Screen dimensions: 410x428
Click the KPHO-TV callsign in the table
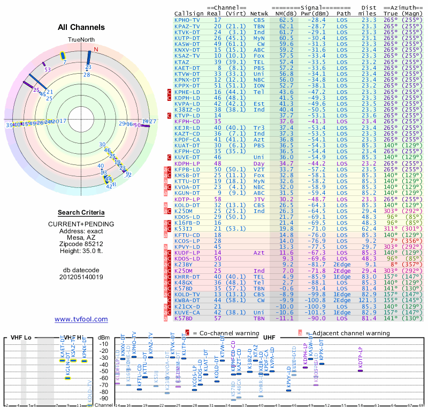click(186, 20)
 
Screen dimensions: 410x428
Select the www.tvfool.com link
click(81, 319)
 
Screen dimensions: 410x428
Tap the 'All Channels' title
click(81, 27)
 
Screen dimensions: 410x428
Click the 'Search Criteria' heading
click(81, 212)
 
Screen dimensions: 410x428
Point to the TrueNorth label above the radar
click(81, 41)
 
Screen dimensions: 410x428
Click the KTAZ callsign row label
click(182, 61)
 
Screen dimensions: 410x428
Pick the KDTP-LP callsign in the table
click(186, 199)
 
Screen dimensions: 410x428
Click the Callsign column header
click(189, 13)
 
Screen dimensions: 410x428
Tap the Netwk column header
click(259, 13)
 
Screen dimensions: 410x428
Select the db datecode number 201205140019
click(81, 277)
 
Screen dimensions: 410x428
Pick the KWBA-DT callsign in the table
click(186, 301)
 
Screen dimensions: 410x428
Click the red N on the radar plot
click(96, 50)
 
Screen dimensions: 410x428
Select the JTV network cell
click(259, 199)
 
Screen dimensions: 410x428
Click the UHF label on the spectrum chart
click(270, 338)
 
